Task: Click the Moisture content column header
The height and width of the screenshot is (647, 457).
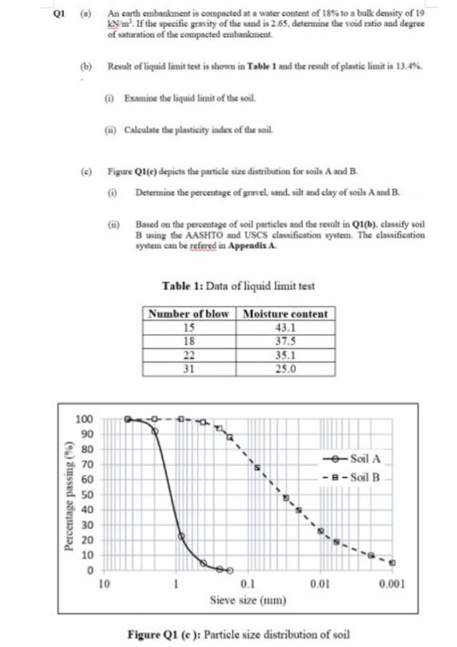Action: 284,313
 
